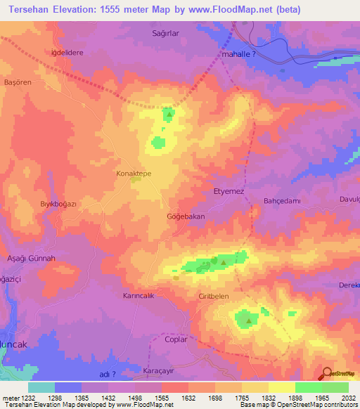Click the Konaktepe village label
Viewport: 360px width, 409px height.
point(133,171)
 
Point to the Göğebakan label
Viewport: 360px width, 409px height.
point(186,216)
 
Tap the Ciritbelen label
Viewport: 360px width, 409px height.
point(214,297)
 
